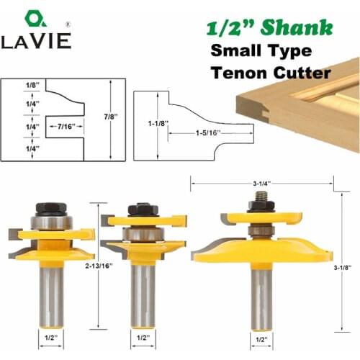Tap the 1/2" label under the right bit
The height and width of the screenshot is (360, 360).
click(261, 338)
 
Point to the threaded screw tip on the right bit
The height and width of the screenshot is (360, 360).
click(261, 197)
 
